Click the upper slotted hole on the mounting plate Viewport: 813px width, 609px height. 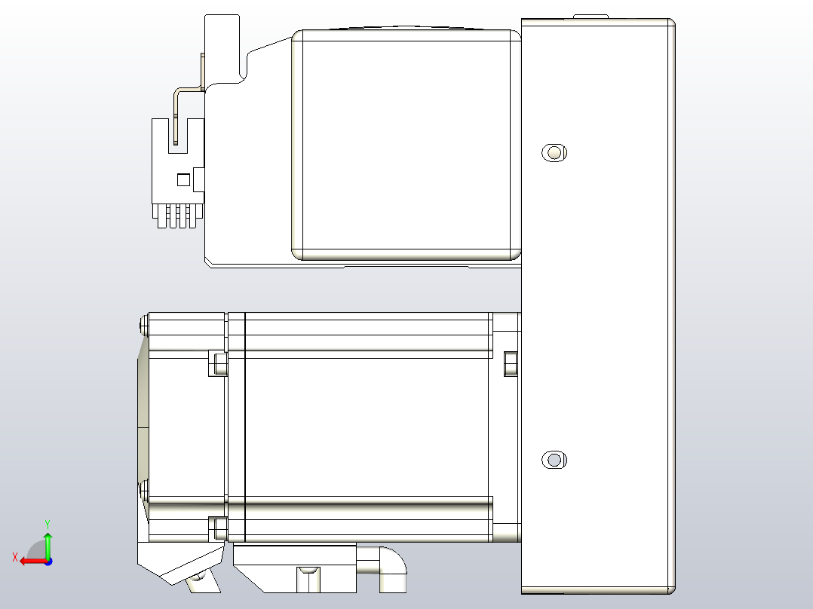[x=554, y=153]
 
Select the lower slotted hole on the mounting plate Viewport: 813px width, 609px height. [x=554, y=460]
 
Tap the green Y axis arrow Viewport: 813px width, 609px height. [x=48, y=543]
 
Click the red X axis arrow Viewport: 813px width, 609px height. [x=32, y=561]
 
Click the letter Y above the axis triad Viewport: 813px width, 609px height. [x=48, y=523]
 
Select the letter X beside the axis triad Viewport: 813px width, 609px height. [x=14, y=557]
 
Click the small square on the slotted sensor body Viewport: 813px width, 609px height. [x=182, y=180]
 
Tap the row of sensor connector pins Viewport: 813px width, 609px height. [x=177, y=217]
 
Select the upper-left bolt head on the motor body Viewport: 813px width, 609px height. [x=218, y=364]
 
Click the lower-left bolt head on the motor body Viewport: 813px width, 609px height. [x=218, y=528]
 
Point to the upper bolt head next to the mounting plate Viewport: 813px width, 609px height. [x=510, y=364]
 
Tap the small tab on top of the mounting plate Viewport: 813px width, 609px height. [x=591, y=16]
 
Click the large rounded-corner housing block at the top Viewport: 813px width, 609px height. [x=406, y=145]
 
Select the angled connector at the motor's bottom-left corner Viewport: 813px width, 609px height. [x=181, y=565]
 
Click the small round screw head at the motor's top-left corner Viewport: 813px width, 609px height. [x=143, y=326]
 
